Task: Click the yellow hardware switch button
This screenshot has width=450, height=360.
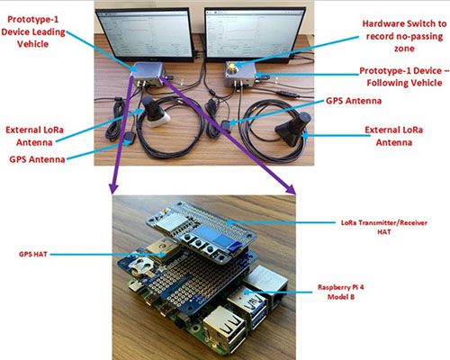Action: [x=232, y=66]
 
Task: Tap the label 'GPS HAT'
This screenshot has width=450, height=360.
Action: [x=33, y=255]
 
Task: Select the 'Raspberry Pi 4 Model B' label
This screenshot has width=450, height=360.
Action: [x=341, y=292]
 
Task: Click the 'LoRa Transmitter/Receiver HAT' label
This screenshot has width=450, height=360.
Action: [x=384, y=227]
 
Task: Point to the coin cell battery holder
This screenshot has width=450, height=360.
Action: [x=141, y=266]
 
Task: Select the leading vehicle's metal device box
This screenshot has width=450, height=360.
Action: [x=148, y=74]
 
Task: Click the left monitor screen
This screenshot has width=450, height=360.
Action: [x=145, y=33]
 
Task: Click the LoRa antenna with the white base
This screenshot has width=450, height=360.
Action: [x=154, y=112]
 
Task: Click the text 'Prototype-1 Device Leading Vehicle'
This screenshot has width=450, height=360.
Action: [x=33, y=31]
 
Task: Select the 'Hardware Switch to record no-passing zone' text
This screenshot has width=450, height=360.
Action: [x=404, y=36]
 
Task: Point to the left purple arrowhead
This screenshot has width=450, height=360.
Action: [x=113, y=189]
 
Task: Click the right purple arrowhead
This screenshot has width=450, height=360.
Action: [x=291, y=190]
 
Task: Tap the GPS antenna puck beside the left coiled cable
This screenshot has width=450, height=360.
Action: [x=130, y=139]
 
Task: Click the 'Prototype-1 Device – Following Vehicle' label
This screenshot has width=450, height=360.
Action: [x=404, y=76]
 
